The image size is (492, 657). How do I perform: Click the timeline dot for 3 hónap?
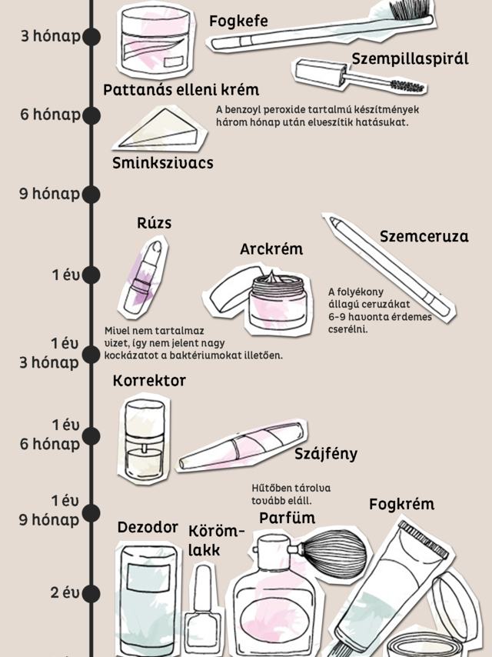coord(91,36)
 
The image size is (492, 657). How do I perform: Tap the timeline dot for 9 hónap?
coord(91,194)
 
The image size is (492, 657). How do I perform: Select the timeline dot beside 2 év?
coord(91,593)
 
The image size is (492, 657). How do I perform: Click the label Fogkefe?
coord(238,22)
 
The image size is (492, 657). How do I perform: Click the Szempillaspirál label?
coord(410,58)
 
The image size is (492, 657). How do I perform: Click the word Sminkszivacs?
coord(162,163)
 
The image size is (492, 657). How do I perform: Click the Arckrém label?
coord(271,249)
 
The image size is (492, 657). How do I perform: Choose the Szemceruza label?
coord(424,237)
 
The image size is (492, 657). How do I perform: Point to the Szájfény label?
coord(326,454)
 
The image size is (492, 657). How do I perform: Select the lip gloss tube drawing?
coord(242,446)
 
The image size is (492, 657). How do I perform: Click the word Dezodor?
coord(148,528)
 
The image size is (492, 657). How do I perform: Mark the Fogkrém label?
coord(401,505)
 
